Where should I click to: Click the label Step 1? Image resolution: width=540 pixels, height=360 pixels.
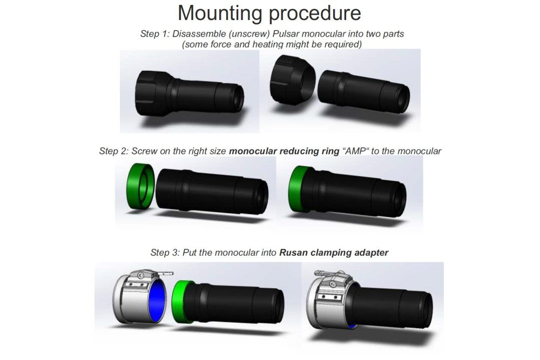(154, 34)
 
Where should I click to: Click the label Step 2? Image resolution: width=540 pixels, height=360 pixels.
(113, 151)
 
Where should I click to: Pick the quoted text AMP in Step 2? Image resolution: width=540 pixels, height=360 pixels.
(353, 151)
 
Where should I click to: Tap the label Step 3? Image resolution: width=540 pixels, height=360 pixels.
(165, 252)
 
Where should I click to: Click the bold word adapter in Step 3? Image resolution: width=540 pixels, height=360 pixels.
(372, 252)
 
